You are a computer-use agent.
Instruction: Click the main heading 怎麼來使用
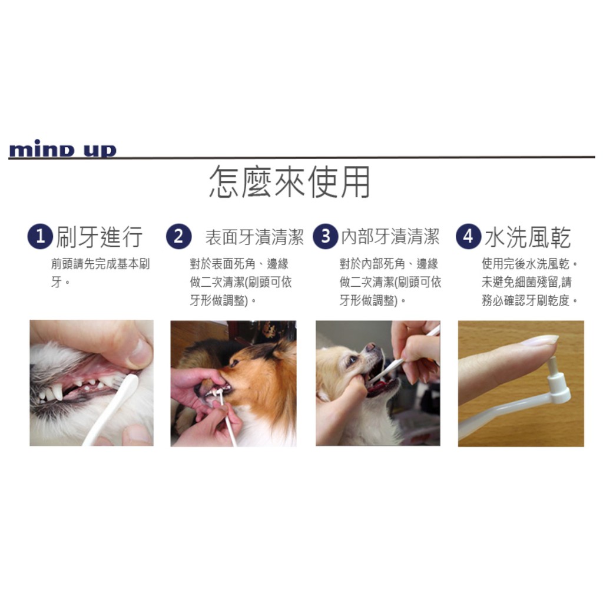point(290,182)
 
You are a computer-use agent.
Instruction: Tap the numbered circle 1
point(40,236)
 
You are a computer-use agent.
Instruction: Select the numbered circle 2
point(179,236)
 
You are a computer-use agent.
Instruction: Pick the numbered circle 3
point(325,236)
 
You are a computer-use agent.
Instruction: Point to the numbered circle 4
point(468,236)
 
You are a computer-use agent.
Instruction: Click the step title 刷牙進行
point(99,237)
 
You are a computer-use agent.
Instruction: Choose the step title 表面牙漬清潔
point(254,237)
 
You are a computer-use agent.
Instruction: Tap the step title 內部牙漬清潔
point(390,237)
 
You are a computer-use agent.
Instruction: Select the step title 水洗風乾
point(528,237)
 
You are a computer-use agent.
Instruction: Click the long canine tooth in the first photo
point(57,391)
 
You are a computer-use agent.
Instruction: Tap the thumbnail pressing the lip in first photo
point(140,352)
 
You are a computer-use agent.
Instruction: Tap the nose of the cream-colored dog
point(371,347)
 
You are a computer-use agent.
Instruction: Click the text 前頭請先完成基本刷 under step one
point(100,264)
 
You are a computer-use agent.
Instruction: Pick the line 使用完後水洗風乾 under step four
point(526,264)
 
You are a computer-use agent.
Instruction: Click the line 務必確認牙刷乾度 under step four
point(526,300)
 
